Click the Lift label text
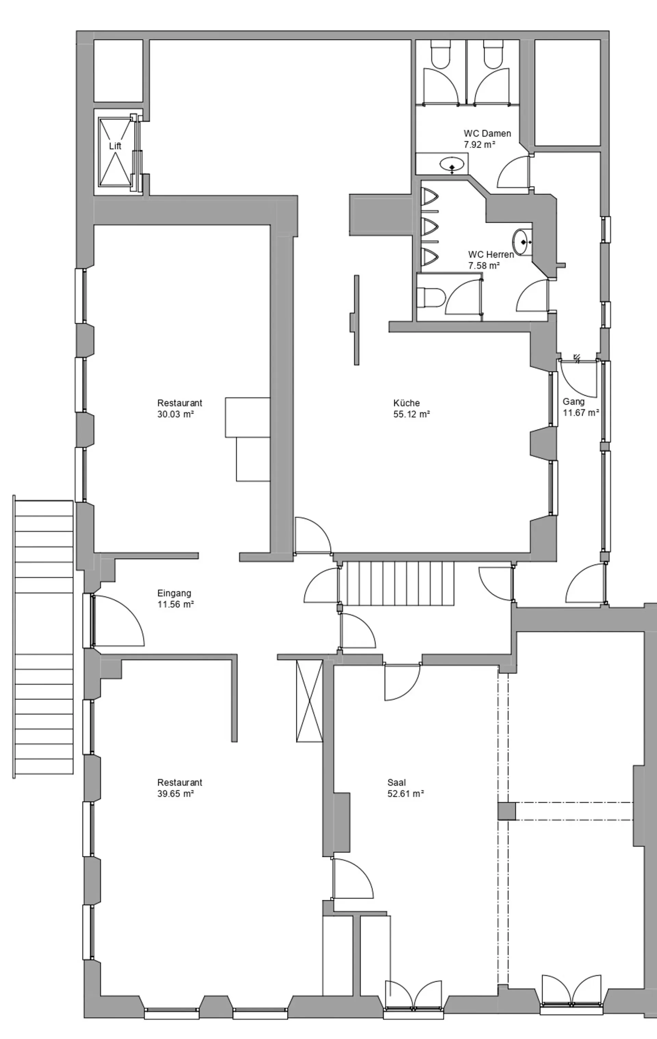point(115,146)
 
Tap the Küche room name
point(407,403)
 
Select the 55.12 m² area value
point(412,414)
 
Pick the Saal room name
point(397,782)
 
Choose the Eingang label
point(174,593)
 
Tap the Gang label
point(574,401)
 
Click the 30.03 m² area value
point(175,414)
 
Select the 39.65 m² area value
point(175,794)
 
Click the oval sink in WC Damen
point(452,164)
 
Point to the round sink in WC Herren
point(523,242)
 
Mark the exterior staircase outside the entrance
point(43,637)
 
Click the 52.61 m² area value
point(405,794)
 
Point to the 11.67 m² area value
point(581,413)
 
